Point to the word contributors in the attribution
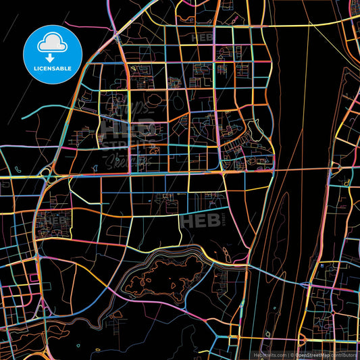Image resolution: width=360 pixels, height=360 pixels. pos(344,354)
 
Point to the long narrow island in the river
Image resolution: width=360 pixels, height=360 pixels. pos(277,230)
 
